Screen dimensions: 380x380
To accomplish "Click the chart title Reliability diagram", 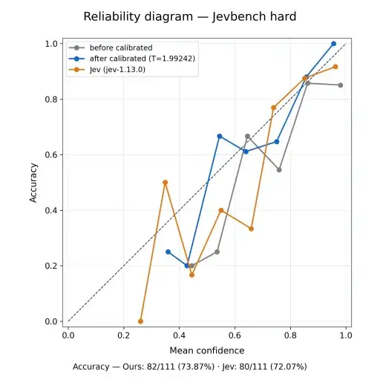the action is click(x=138, y=17).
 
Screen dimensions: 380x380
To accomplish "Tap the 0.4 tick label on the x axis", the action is click(x=179, y=335).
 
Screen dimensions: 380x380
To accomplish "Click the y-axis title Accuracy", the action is click(x=33, y=183).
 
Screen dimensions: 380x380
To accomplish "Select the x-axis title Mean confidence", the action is click(x=207, y=350).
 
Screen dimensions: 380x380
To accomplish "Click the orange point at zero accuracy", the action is click(x=140, y=321).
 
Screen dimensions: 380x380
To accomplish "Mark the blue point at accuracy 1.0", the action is click(x=333, y=44).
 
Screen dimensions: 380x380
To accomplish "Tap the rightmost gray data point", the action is click(x=341, y=85).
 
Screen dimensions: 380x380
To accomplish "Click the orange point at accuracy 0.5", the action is click(x=166, y=183).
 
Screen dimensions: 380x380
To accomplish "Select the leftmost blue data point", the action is click(x=168, y=252).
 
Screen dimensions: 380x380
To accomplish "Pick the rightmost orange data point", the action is click(x=335, y=67).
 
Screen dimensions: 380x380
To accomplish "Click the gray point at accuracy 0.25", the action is click(x=217, y=252).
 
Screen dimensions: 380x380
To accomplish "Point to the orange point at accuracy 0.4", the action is click(x=221, y=210).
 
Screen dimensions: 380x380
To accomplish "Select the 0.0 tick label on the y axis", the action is click(x=51, y=321).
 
